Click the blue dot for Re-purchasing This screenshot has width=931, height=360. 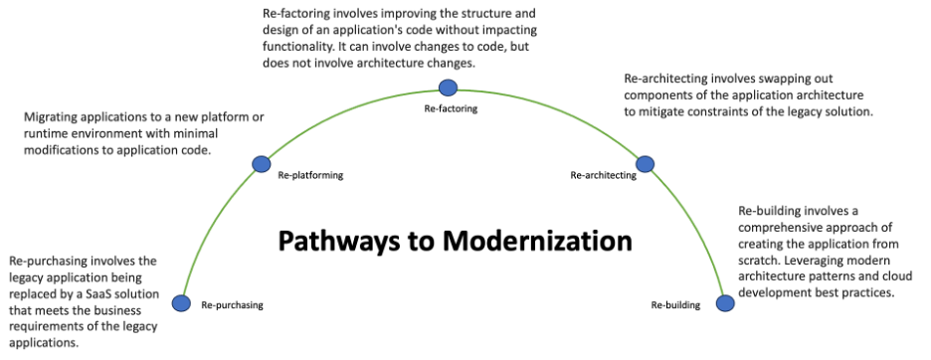pos(181,303)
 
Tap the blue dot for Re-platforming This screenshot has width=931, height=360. pos(262,163)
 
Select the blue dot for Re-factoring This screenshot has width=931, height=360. pos(448,88)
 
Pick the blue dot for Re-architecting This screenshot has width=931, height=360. pos(644,163)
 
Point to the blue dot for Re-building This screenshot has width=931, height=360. pos(725,302)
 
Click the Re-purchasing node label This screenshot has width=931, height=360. pos(232,305)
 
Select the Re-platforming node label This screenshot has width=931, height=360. pos(310,175)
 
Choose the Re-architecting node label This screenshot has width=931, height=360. pos(603,175)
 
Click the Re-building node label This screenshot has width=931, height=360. pos(675,304)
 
